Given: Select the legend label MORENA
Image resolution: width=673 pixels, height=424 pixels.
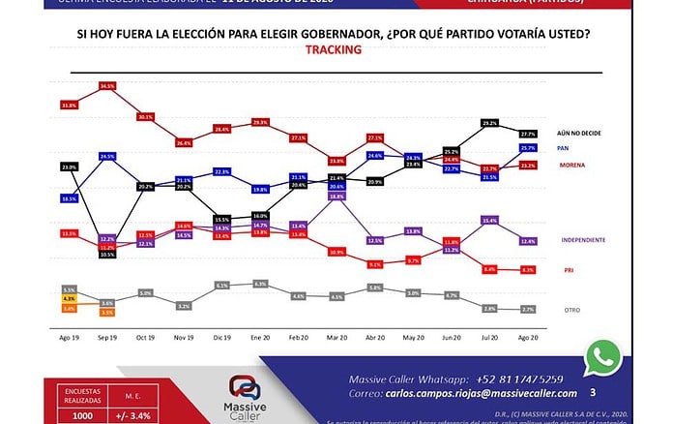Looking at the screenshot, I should coord(574,166).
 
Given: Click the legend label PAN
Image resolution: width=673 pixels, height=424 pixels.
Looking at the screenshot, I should coord(562,148).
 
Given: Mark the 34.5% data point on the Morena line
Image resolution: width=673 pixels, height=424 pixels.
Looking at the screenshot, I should coord(107,86).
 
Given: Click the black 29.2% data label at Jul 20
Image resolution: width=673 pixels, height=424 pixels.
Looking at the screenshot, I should coord(489,123).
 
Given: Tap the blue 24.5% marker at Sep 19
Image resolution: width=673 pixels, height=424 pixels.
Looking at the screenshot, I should coord(107,156).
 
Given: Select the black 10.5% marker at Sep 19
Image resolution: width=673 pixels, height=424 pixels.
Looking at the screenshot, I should coord(107,255).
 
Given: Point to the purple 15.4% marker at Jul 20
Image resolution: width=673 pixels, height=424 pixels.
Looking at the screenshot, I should coord(489,221).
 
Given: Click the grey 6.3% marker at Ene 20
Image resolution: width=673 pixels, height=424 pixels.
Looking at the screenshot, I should coord(259,284).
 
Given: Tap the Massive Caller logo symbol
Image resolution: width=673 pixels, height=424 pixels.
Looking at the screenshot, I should coord(248,386).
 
